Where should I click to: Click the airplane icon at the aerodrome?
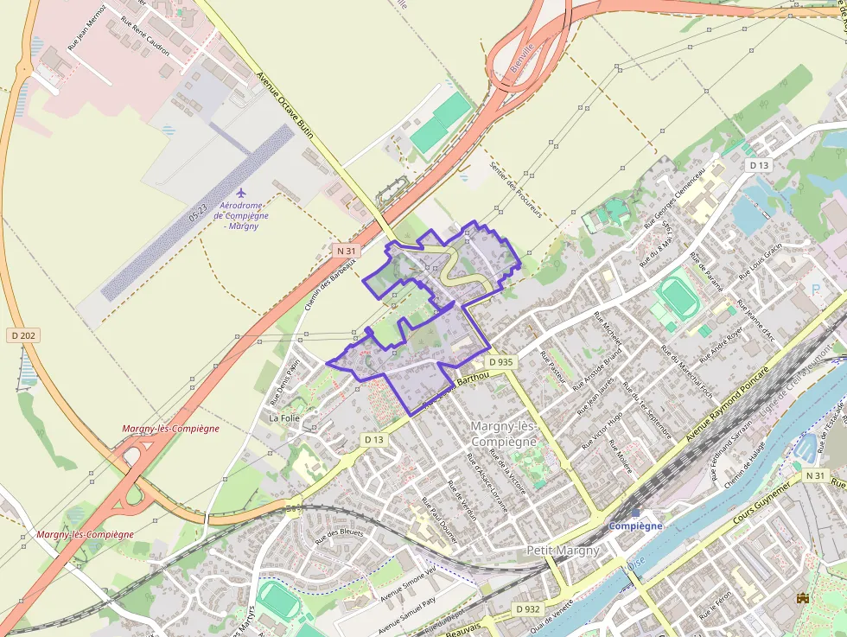241,191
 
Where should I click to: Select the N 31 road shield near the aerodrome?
346,251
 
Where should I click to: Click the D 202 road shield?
22,334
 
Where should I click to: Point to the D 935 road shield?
500,361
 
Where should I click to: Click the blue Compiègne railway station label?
635,526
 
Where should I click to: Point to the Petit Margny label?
563,550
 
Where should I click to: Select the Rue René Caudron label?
145,39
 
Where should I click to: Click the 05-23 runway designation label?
198,210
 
